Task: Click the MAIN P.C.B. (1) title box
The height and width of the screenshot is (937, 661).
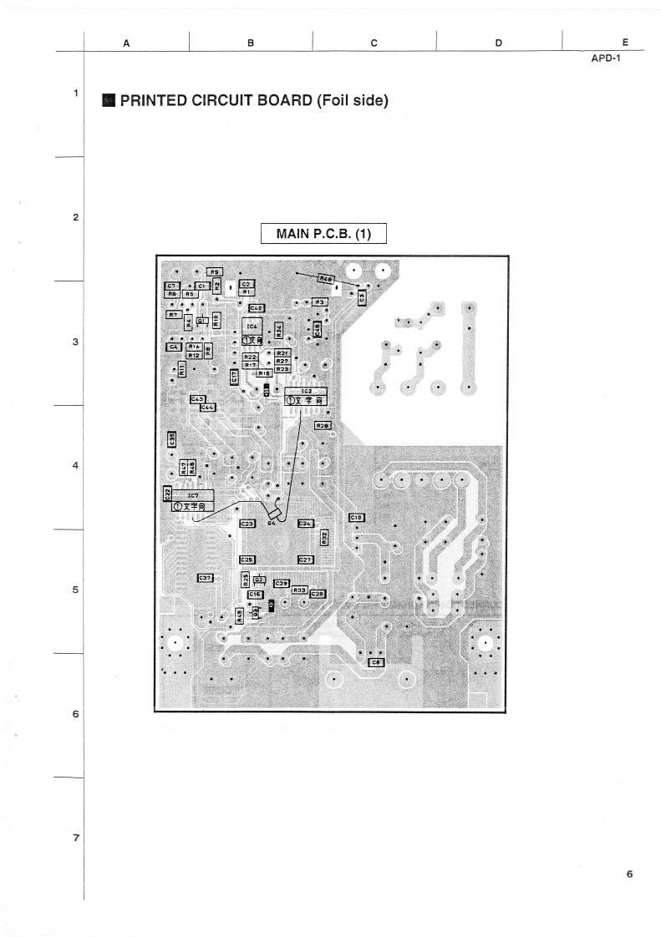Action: coord(324,233)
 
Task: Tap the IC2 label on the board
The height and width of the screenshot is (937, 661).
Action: coord(306,391)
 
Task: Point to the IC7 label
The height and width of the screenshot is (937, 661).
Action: coord(193,495)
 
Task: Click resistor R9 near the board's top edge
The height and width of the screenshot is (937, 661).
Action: coord(214,271)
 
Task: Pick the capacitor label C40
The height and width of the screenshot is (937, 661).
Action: coord(257,308)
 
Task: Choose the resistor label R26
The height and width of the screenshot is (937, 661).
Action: coord(323,426)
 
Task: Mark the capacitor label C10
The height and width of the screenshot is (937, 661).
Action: coord(354,518)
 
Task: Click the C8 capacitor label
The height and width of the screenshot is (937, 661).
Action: coord(376,662)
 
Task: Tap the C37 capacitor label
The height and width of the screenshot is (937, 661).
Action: coord(206,578)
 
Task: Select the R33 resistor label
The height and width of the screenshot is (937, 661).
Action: coord(300,590)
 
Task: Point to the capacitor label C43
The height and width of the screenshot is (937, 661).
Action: coord(198,399)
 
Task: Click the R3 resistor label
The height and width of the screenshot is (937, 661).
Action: coord(318,301)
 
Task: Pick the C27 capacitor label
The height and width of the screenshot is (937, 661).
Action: coord(305,559)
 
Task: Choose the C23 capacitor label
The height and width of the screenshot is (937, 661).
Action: coord(247,524)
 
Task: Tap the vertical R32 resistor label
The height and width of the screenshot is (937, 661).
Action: coord(325,539)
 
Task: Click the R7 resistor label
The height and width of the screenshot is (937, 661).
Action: coord(173,315)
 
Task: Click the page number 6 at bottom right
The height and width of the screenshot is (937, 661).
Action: coord(629,874)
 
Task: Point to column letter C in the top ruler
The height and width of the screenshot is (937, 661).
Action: coord(374,42)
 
